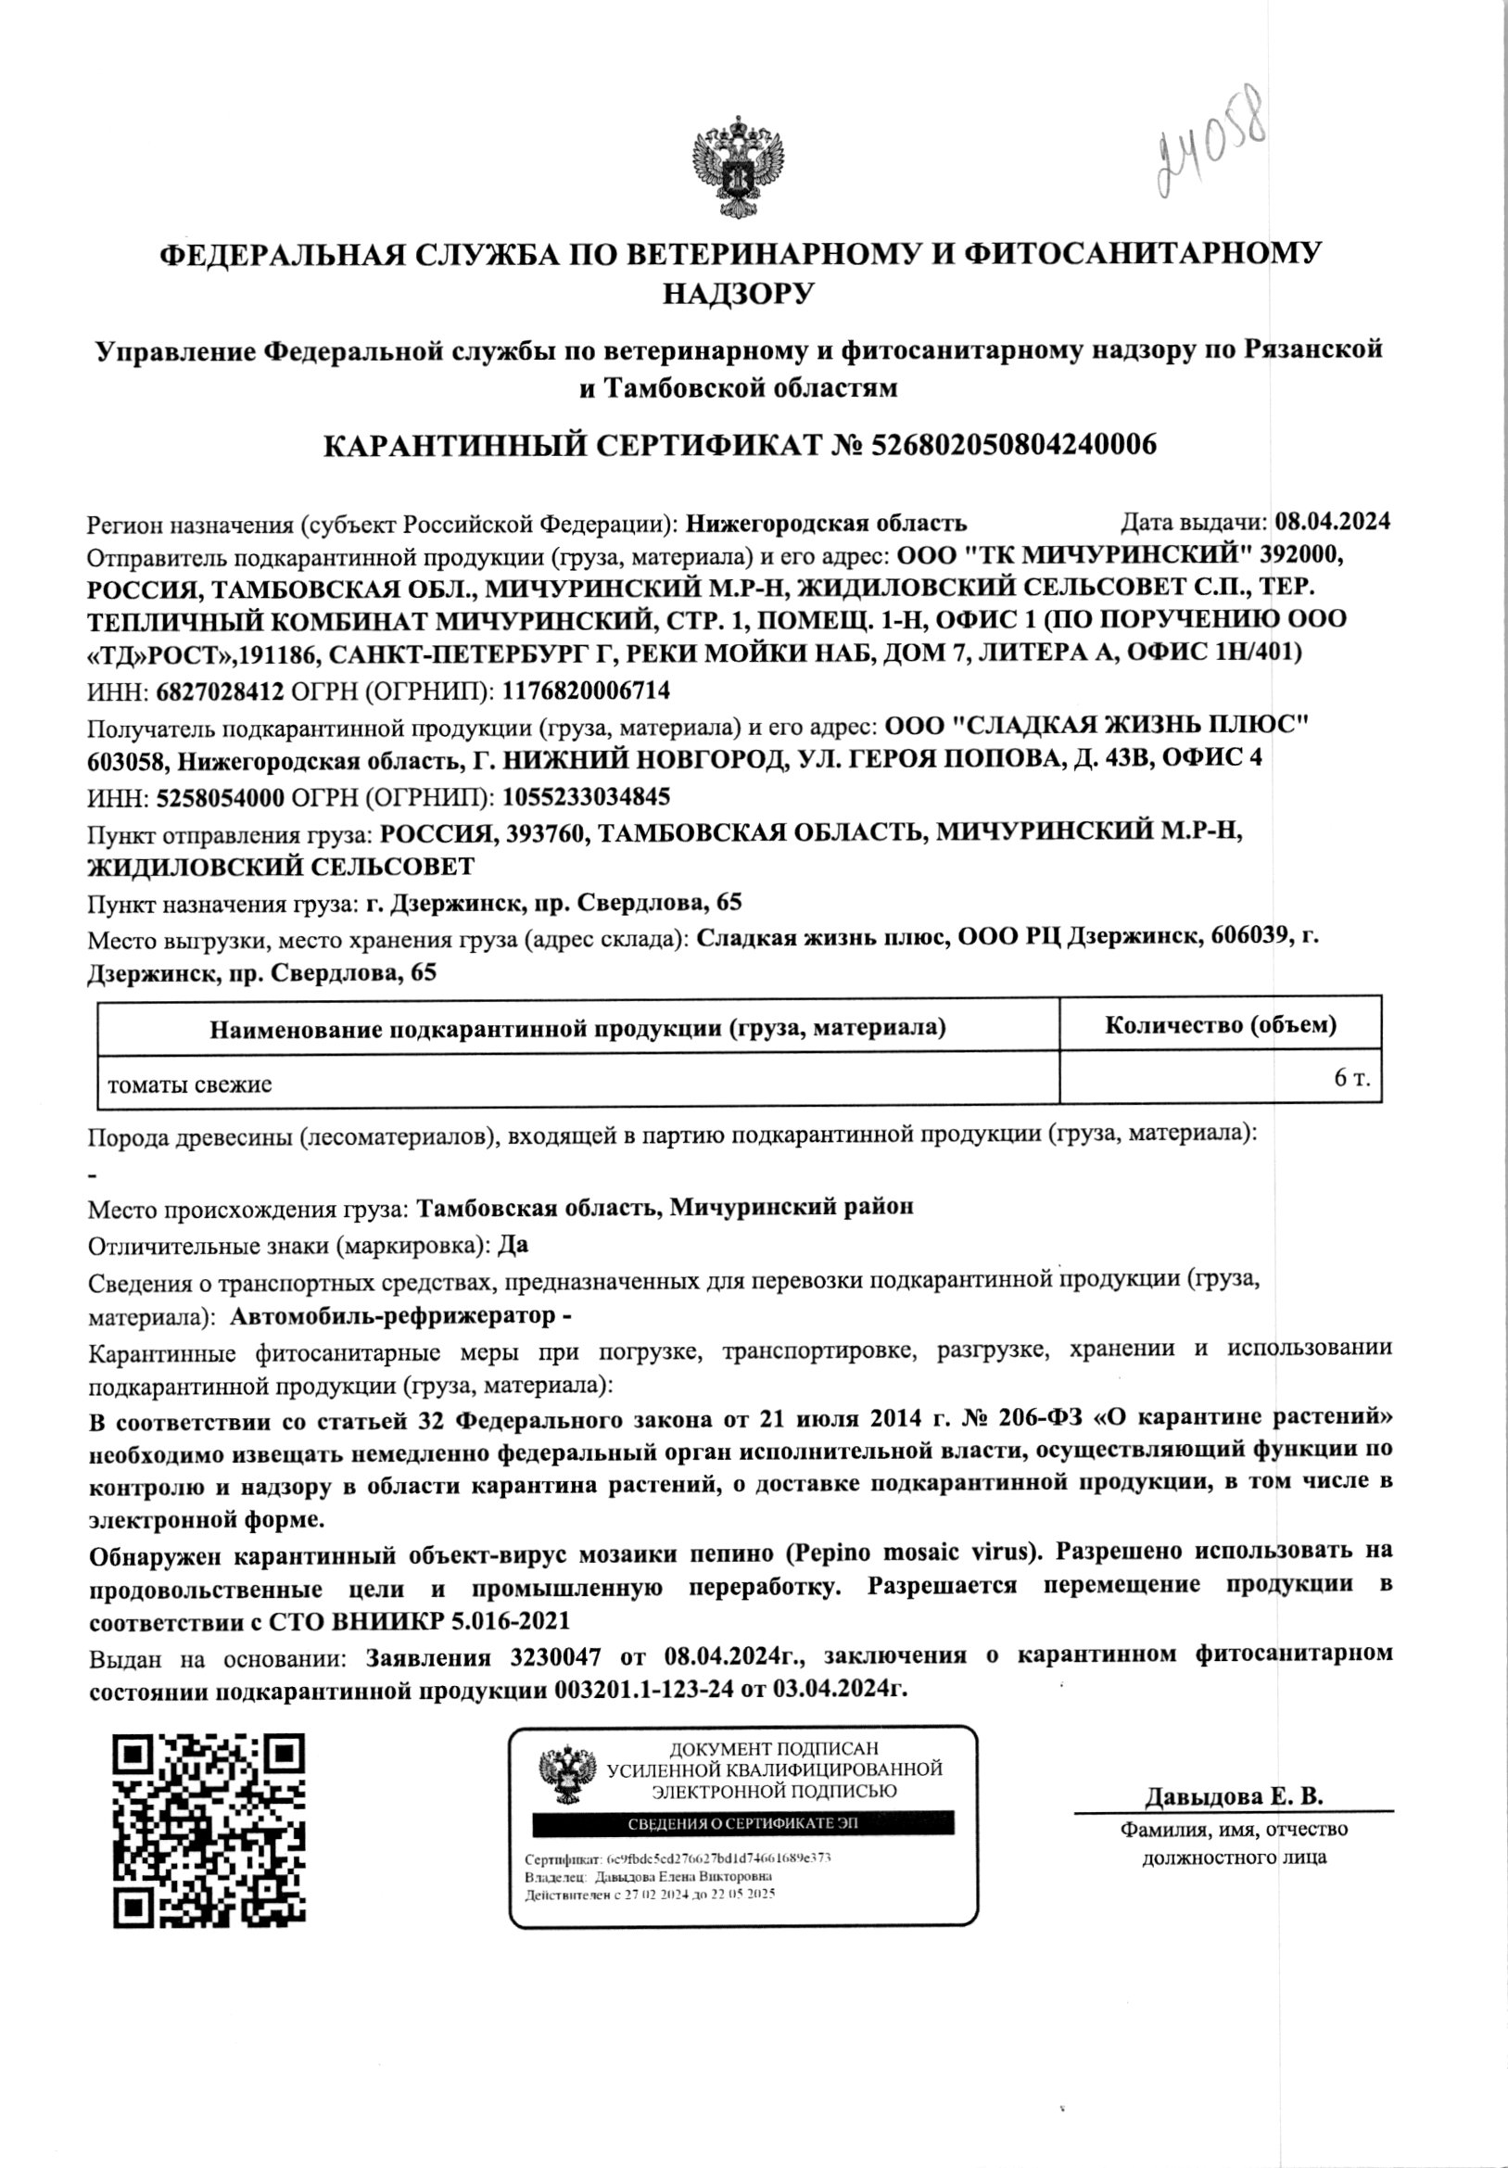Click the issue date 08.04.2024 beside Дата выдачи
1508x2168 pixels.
pos(1333,521)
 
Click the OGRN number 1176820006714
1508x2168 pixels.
pos(587,691)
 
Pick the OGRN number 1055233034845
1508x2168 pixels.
pos(587,797)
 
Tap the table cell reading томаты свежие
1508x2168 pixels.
pos(190,1084)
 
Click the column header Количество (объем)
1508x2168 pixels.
pos(1220,1024)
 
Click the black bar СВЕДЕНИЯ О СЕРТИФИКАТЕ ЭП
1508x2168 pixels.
pos(743,1823)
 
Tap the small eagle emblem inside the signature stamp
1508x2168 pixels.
pos(567,1777)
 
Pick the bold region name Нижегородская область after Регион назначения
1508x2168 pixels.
pos(826,522)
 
